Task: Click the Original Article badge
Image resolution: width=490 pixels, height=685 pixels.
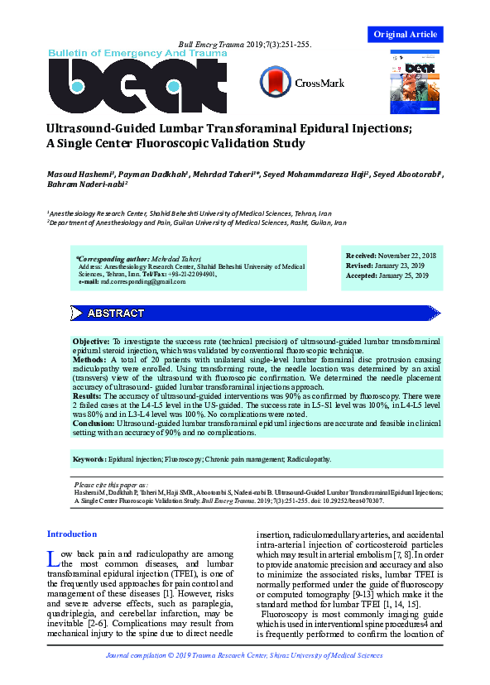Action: coord(405,34)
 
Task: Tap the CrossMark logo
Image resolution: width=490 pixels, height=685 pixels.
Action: coord(295,82)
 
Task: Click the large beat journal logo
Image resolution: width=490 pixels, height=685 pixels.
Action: coord(137,87)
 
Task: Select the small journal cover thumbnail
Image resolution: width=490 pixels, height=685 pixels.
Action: coord(414,81)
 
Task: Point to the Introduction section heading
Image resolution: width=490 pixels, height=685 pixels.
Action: coord(72,534)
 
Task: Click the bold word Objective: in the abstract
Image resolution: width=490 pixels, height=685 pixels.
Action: coord(91,342)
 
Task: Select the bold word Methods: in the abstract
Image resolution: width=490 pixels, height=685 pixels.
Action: coord(89,360)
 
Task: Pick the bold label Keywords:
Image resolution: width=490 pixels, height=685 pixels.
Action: coord(89,458)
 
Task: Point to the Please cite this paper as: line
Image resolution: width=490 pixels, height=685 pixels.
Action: coord(111,484)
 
